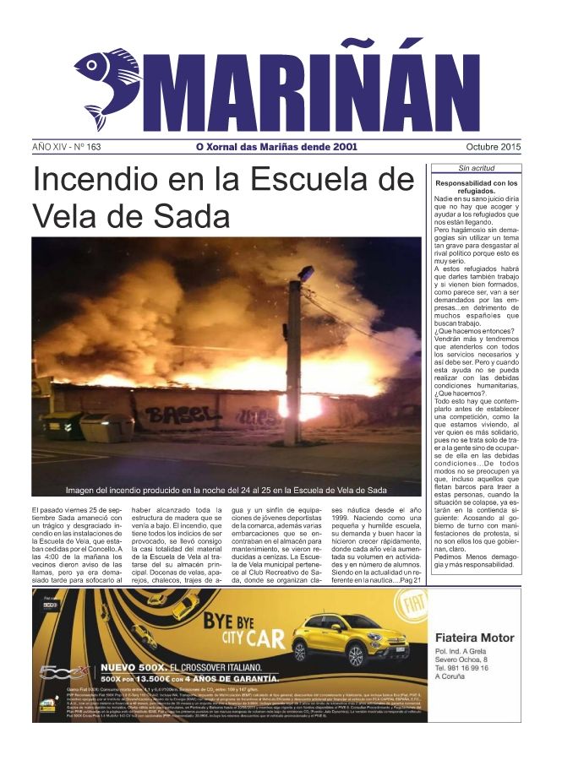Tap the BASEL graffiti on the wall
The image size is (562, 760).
coord(175,415)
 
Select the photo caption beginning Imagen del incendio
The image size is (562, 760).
coord(226,490)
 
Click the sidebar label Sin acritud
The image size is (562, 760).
coord(476,168)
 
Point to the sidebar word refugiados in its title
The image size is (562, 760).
coord(476,192)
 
